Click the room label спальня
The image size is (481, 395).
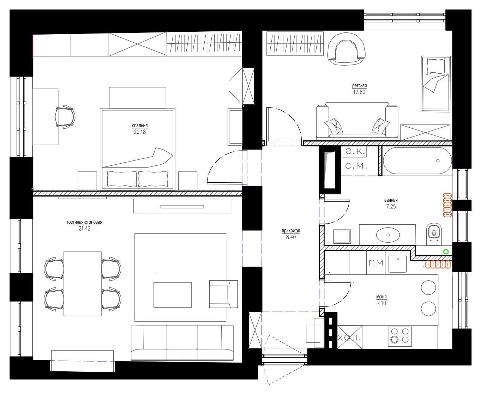click(139, 125)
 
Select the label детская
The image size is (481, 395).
click(359, 86)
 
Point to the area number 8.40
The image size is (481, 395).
click(291, 237)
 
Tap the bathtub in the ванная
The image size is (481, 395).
click(417, 161)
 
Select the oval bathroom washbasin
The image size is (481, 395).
click(388, 234)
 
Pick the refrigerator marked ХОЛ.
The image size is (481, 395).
click(349, 337)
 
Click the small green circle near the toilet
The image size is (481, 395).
click(446, 251)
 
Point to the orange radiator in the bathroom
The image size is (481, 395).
click(447, 204)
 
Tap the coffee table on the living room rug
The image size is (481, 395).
click(173, 294)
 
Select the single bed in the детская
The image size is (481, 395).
click(435, 84)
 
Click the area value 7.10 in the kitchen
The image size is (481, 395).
click(381, 303)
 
